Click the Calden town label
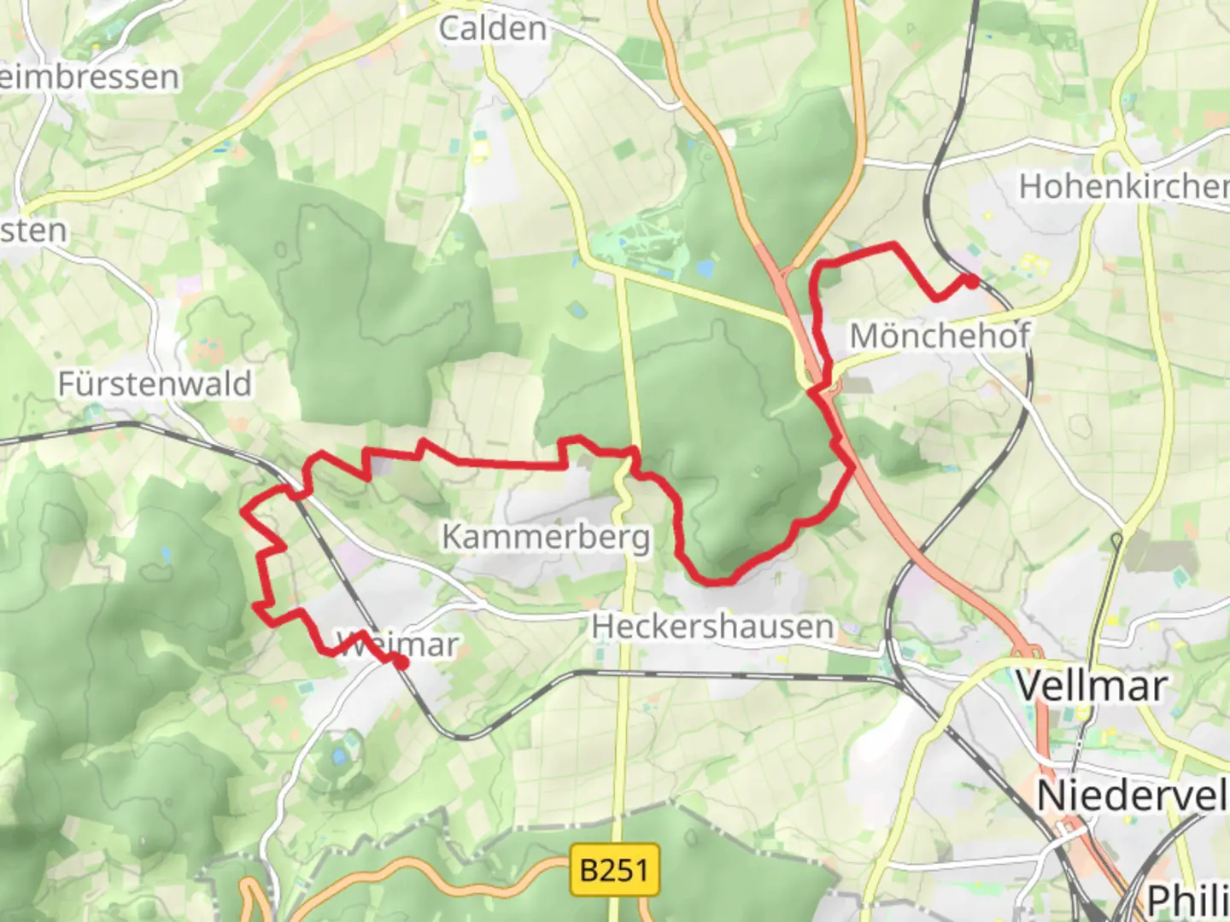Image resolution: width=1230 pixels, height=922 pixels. point(493,29)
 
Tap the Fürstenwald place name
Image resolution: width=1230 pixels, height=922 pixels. point(155,384)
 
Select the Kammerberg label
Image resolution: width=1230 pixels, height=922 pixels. point(546,537)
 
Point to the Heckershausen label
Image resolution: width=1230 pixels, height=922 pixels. point(712,627)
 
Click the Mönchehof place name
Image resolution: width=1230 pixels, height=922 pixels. point(940,336)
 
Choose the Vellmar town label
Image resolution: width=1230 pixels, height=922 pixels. point(1091,686)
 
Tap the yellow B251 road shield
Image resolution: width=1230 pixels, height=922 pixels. point(614,870)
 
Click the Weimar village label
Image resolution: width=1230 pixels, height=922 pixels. point(398,645)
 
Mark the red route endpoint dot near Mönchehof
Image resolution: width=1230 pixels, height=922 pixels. point(971,280)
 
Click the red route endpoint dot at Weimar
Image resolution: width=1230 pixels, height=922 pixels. point(401,662)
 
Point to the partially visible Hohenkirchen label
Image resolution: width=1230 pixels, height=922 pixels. point(1123,186)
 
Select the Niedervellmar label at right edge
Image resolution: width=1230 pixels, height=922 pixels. point(1132,796)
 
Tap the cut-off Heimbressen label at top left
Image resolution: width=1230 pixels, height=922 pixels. point(89,77)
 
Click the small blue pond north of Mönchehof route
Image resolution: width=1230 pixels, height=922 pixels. point(705,270)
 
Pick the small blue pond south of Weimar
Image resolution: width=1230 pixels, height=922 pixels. point(340,756)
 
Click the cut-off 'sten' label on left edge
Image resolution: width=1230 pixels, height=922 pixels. point(33,230)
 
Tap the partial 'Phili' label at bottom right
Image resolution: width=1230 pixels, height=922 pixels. point(1187,901)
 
